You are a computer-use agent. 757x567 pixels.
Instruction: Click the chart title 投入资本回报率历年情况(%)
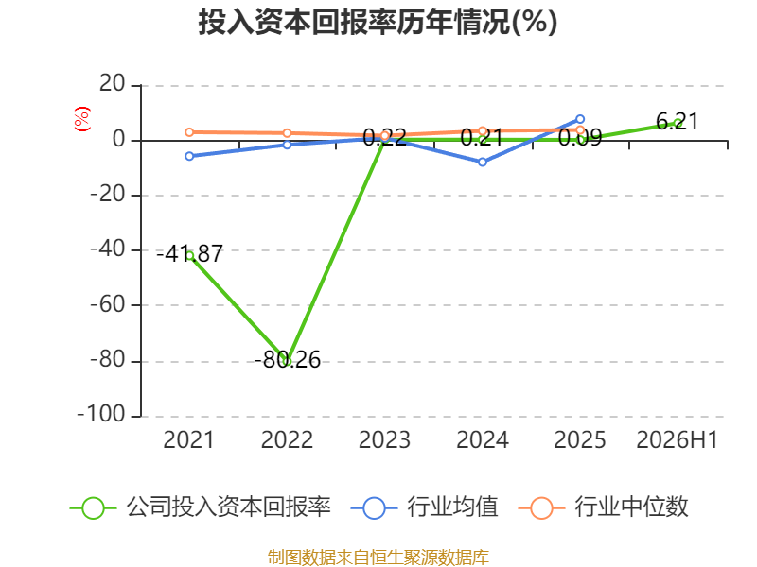tap(378, 22)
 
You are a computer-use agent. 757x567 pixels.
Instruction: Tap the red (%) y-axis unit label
tap(82, 119)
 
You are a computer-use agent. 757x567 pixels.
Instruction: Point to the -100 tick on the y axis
tap(101, 415)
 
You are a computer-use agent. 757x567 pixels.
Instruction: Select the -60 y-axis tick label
tap(108, 304)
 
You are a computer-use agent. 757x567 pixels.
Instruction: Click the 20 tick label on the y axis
tap(113, 84)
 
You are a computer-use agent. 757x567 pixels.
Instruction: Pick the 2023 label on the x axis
tap(384, 439)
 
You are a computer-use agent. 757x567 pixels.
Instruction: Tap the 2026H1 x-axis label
tap(678, 439)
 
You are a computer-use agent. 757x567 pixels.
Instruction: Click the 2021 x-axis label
tap(188, 439)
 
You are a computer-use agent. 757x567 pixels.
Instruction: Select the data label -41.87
tap(190, 253)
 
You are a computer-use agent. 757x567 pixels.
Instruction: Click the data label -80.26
tap(288, 360)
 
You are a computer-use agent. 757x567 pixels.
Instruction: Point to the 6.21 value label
tap(678, 122)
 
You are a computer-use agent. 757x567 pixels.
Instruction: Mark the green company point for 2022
tap(288, 361)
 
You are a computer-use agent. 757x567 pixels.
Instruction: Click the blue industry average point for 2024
tap(483, 162)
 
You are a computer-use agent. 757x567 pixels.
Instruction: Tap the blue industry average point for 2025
tap(580, 119)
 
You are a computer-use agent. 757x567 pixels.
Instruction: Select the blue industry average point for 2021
tap(189, 156)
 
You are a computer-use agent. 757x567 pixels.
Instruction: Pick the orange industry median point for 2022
tap(288, 133)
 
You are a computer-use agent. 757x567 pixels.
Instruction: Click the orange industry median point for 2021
tap(189, 132)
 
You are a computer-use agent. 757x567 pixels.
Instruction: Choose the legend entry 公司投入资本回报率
tap(201, 507)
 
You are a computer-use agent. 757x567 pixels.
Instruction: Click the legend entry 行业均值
tap(424, 507)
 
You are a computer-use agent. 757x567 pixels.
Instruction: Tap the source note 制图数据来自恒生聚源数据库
tap(378, 558)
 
